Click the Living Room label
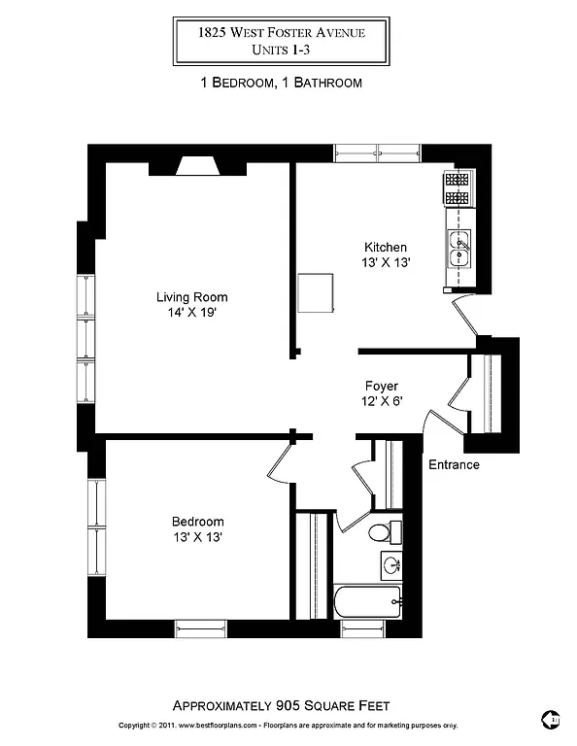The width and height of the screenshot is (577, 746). click(191, 297)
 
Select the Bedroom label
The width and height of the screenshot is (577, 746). click(198, 521)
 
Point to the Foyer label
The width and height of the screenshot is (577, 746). click(382, 386)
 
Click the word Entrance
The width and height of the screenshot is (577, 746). click(454, 464)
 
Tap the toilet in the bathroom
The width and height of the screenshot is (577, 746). click(380, 532)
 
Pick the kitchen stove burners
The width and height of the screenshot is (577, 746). click(457, 188)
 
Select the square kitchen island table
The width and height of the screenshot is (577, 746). click(316, 292)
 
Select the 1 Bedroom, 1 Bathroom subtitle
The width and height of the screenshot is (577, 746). click(281, 83)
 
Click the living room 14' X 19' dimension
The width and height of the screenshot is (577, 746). click(191, 314)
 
